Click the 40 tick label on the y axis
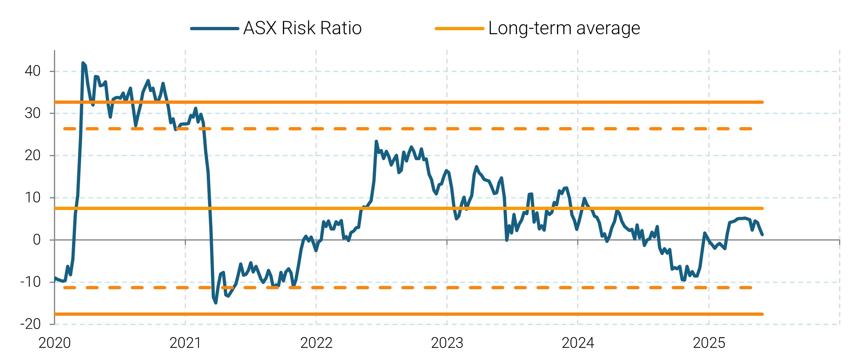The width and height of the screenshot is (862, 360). click(33, 71)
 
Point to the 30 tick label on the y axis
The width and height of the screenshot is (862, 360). click(33, 113)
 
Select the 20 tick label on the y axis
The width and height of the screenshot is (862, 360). click(33, 155)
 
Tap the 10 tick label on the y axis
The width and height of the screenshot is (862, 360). click(33, 197)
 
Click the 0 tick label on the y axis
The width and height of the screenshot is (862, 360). click(37, 240)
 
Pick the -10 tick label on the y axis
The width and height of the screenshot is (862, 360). click(31, 282)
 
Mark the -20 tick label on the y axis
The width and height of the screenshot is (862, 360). click(31, 324)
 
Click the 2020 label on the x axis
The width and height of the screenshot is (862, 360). click(54, 343)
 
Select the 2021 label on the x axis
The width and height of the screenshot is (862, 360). click(185, 343)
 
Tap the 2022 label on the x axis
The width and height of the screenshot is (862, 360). click(316, 343)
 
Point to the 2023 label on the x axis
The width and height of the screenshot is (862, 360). click(447, 343)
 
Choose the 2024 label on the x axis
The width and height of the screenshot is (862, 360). click(578, 343)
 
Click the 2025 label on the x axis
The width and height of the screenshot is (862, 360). click(709, 343)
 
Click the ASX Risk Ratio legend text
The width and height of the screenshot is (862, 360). click(302, 29)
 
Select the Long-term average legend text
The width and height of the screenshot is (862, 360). click(564, 29)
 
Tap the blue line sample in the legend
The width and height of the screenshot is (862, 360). click(214, 29)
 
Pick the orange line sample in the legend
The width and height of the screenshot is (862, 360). click(459, 29)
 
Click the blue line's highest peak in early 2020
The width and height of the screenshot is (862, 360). click(83, 63)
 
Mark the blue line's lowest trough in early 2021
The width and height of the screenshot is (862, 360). click(216, 302)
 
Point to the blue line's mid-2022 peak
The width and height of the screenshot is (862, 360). click(376, 142)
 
